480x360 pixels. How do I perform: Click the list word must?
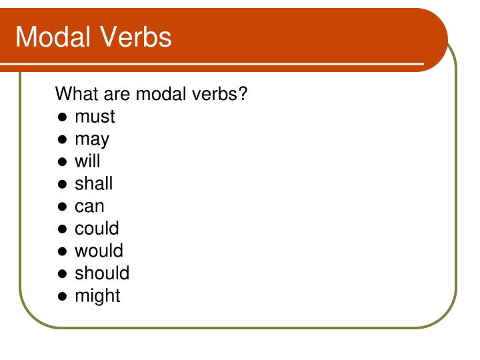(x=95, y=117)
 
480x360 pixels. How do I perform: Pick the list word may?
(x=92, y=139)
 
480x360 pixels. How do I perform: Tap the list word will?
(x=87, y=161)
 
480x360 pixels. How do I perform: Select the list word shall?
(x=93, y=183)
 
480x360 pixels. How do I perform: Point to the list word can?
(x=89, y=207)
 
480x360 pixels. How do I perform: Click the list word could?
(x=97, y=228)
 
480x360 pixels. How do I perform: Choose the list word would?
(x=99, y=251)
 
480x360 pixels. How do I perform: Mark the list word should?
(x=102, y=273)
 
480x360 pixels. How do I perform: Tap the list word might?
(x=97, y=295)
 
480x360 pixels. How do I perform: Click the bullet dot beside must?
(x=62, y=117)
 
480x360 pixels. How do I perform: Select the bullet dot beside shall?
(x=62, y=184)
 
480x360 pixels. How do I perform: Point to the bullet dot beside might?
(x=62, y=296)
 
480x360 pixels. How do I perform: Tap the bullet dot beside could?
(x=62, y=229)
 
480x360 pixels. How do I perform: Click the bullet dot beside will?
(x=62, y=162)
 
